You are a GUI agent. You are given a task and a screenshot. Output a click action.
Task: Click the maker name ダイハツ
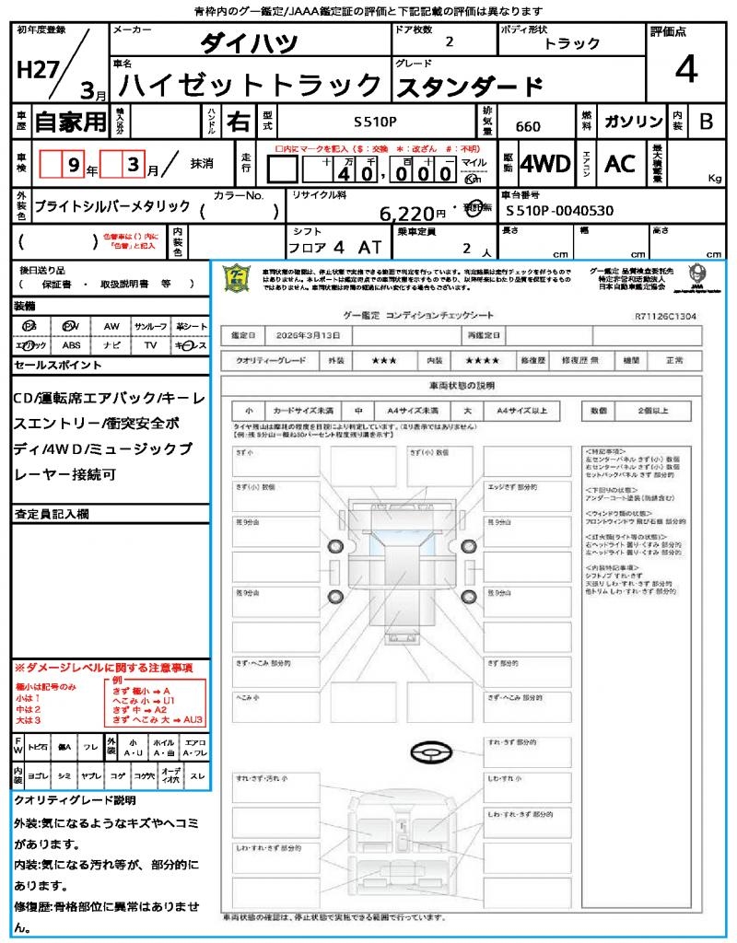tap(249, 42)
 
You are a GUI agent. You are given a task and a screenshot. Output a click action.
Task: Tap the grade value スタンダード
tap(469, 87)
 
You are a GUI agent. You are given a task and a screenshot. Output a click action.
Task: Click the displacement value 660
tap(528, 126)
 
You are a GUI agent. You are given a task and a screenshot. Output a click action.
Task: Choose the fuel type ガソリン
tap(633, 122)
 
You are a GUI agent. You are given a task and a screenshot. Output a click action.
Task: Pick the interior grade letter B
tap(706, 122)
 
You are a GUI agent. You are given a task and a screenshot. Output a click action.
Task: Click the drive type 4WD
tap(545, 164)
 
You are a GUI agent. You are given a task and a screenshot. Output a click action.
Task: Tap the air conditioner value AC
tap(620, 164)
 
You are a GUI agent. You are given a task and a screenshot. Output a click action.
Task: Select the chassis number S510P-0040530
tap(559, 210)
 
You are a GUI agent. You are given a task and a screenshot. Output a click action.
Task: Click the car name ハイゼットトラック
tap(252, 86)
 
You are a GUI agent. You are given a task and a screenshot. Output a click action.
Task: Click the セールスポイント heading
tap(58, 366)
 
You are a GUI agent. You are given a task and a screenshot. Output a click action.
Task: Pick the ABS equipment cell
tap(71, 345)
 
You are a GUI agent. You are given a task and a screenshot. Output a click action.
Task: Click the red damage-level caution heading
tap(103, 667)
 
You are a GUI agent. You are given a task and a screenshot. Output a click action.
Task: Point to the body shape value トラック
tap(572, 43)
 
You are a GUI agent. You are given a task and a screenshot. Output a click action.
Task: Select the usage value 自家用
tap(70, 122)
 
